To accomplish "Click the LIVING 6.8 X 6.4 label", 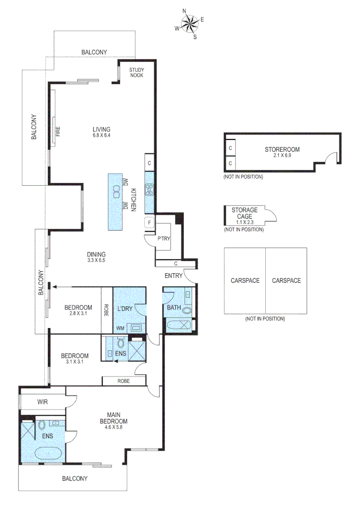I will pyautogui.click(x=101, y=132).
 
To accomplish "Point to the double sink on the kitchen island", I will pyautogui.click(x=116, y=191).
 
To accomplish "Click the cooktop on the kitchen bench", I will pyautogui.click(x=149, y=190).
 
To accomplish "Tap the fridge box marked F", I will pyautogui.click(x=149, y=221).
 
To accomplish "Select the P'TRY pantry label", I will pyautogui.click(x=163, y=239).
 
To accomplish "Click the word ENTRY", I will pyautogui.click(x=173, y=276).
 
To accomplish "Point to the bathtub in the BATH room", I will pyautogui.click(x=177, y=325).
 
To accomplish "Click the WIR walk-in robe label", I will pyautogui.click(x=43, y=402).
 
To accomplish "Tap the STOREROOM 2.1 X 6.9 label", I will pyautogui.click(x=282, y=152).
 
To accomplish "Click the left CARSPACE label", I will pyautogui.click(x=245, y=280).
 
